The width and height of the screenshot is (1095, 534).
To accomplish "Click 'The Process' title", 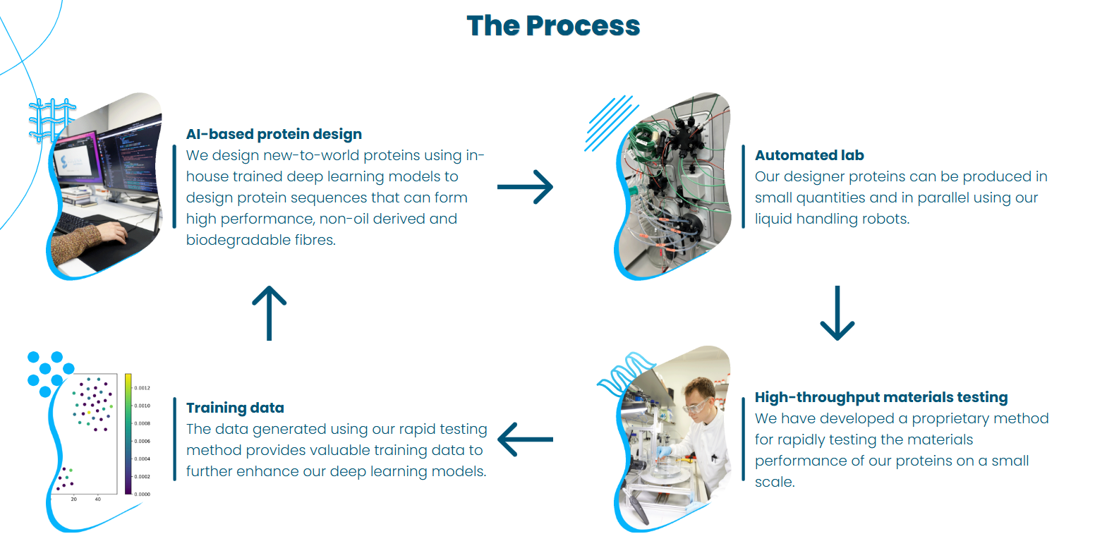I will point(553,26).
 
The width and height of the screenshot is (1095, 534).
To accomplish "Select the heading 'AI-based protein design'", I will point(274,134).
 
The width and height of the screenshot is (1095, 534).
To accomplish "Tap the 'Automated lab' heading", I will point(809,155).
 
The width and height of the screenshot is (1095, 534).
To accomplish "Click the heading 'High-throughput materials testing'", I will point(881,397).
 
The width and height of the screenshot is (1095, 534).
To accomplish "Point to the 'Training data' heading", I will point(235,408).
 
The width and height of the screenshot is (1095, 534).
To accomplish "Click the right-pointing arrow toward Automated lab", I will point(525,187).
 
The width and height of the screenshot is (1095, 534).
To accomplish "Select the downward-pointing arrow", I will point(837,312).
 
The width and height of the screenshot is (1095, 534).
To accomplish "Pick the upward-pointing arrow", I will point(270,312).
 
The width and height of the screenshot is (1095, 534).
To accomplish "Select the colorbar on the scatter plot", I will point(128,433).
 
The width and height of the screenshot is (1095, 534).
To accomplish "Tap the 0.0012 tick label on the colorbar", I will point(143,388).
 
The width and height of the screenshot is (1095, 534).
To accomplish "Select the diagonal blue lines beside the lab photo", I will point(609,123).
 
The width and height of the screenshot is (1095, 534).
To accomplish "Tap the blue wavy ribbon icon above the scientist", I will point(624,371).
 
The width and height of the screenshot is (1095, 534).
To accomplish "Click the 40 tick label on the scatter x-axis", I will point(97,499).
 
